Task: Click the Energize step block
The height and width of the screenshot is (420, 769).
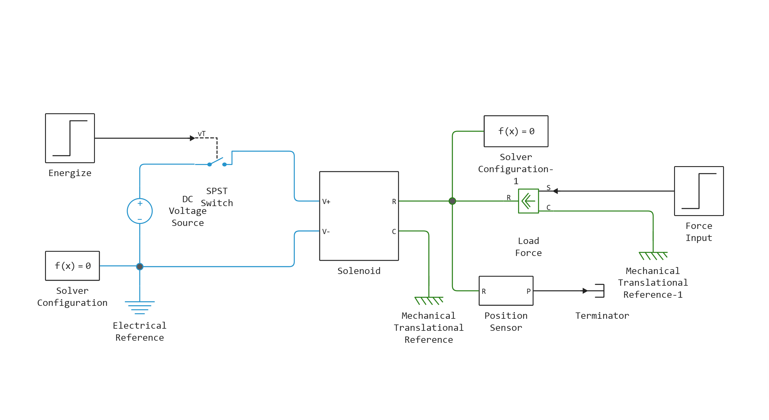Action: (x=70, y=138)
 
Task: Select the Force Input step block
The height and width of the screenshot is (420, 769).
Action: (x=699, y=191)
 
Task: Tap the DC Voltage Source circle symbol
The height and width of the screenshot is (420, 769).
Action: (x=140, y=211)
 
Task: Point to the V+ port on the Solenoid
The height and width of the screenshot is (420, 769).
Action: (x=326, y=202)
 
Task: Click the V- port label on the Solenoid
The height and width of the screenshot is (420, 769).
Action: (x=326, y=232)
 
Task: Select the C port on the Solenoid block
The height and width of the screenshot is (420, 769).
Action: (x=394, y=232)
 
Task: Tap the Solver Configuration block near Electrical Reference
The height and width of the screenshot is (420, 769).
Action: (x=72, y=266)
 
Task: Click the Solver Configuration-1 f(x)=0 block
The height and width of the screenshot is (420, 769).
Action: (x=516, y=131)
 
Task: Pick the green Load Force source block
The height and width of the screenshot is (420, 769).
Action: (x=528, y=201)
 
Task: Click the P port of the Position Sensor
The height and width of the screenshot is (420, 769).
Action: (x=528, y=291)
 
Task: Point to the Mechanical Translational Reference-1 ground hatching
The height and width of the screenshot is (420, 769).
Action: (x=653, y=256)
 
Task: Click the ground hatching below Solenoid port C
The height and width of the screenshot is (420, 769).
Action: (x=429, y=300)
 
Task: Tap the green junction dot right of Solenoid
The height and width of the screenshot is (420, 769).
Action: (x=452, y=201)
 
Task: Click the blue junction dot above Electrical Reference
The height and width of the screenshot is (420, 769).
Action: (x=140, y=266)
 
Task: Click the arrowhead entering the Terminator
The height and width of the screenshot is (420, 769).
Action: (x=585, y=291)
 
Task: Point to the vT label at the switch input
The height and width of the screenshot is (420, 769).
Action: (x=202, y=134)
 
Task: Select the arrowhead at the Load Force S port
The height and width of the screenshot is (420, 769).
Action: (x=555, y=191)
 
